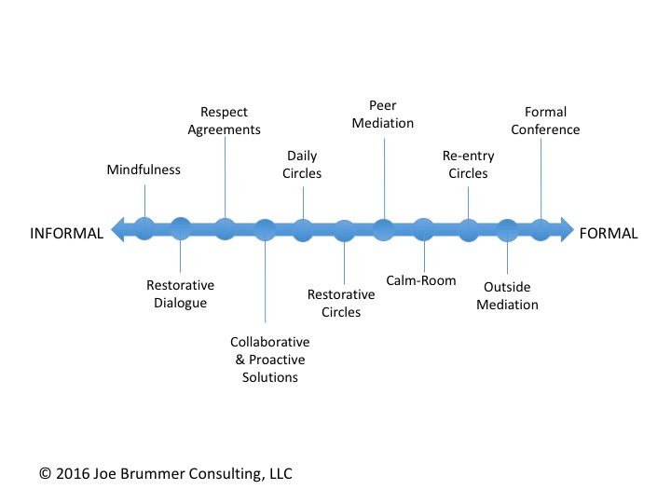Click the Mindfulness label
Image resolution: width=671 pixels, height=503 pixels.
(144, 170)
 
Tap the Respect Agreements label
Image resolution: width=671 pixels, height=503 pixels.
(225, 122)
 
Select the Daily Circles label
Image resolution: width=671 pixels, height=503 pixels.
(304, 165)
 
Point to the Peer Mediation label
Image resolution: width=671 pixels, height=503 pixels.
(384, 115)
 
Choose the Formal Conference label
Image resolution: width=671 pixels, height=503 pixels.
(545, 122)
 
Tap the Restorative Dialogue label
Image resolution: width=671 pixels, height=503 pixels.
(180, 293)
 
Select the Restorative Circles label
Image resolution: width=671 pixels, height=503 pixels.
(341, 303)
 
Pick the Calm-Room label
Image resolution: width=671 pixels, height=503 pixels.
(421, 279)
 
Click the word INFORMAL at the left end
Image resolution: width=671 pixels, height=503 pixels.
(66, 234)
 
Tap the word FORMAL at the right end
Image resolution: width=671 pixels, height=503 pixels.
(609, 234)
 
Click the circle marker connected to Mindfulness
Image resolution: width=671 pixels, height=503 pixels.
(144, 229)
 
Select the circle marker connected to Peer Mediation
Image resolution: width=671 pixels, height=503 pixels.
(384, 229)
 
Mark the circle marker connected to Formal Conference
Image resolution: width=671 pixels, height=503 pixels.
(541, 229)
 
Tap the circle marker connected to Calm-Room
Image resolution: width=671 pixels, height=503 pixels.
(423, 229)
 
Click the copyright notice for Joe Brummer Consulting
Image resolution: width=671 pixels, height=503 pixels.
(166, 473)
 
